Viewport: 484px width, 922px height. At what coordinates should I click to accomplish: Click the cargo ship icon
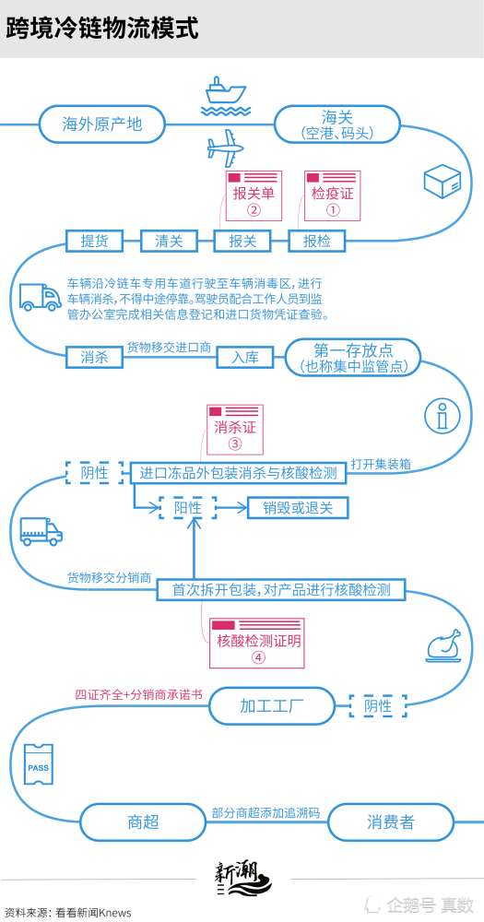pyautogui.click(x=225, y=95)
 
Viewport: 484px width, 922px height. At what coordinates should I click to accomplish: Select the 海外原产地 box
pyautogui.click(x=102, y=124)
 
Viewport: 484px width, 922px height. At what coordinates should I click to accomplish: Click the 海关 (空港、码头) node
pyautogui.click(x=337, y=124)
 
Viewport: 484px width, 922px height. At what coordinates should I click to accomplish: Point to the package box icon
pyautogui.click(x=443, y=181)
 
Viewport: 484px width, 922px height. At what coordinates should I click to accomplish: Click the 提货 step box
pyautogui.click(x=95, y=241)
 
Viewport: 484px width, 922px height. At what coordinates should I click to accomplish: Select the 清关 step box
pyautogui.click(x=169, y=241)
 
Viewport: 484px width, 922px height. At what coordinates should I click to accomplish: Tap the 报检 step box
pyautogui.click(x=317, y=241)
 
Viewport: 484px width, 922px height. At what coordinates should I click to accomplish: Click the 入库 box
pyautogui.click(x=245, y=356)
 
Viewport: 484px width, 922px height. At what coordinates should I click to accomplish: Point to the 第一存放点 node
pyautogui.click(x=353, y=357)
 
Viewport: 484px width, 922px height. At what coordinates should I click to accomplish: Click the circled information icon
pyautogui.click(x=443, y=417)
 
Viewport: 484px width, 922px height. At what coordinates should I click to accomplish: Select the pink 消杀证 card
pyautogui.click(x=235, y=430)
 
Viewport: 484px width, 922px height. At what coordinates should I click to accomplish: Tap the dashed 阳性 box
pyautogui.click(x=188, y=508)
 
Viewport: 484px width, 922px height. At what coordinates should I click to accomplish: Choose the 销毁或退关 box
pyautogui.click(x=298, y=508)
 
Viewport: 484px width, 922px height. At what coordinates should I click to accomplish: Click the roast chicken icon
pyautogui.click(x=443, y=646)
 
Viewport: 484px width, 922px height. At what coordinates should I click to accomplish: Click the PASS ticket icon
pyautogui.click(x=39, y=763)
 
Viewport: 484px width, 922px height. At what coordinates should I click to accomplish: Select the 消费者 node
pyautogui.click(x=391, y=822)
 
